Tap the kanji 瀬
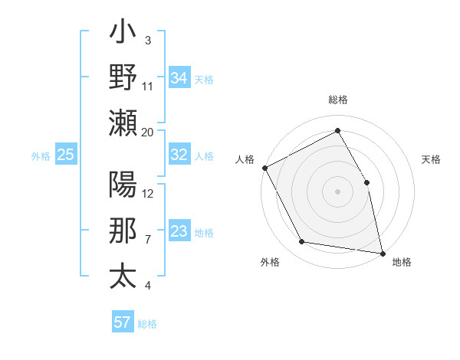pos(123,122)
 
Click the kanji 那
pos(123,231)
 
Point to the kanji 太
pos(123,276)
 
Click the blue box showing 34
pos(179,77)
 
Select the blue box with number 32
pos(179,155)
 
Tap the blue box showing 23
pos(179,231)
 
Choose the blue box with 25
pos(66,155)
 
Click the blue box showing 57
pos(123,322)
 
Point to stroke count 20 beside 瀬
pos(148,132)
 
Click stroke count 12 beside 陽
pos(148,193)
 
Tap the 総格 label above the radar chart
pos(338,100)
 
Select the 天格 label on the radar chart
pos(431,159)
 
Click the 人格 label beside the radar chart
pos(245,159)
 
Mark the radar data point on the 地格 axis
pos(383,253)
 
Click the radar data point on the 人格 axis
pos(264,168)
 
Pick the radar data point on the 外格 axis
pos(302,242)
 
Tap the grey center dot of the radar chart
pos(338,191)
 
